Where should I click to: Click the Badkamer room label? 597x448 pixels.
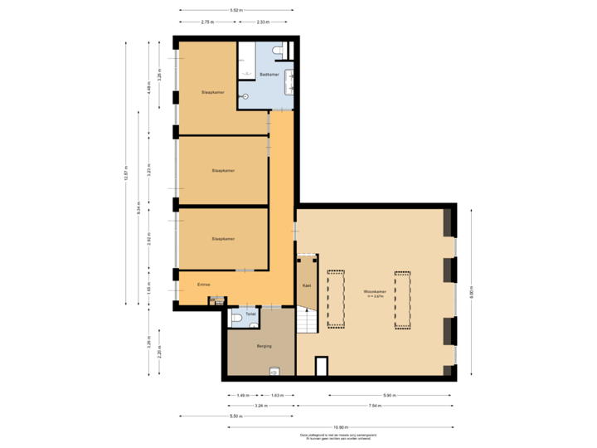[268, 75]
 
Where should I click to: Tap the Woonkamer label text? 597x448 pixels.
[375, 292]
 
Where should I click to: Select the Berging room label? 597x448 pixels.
[264, 346]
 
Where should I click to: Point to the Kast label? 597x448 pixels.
[307, 285]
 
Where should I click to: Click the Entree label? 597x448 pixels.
[203, 285]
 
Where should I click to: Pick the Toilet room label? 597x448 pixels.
[250, 314]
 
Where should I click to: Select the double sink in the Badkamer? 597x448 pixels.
[289, 80]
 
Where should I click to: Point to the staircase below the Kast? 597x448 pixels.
[307, 319]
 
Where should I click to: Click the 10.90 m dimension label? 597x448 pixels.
[339, 427]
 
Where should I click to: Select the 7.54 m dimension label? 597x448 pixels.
[375, 406]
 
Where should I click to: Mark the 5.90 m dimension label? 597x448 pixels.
[388, 395]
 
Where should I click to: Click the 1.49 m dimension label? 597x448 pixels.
[242, 395]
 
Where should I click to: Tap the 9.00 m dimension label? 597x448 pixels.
[471, 293]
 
